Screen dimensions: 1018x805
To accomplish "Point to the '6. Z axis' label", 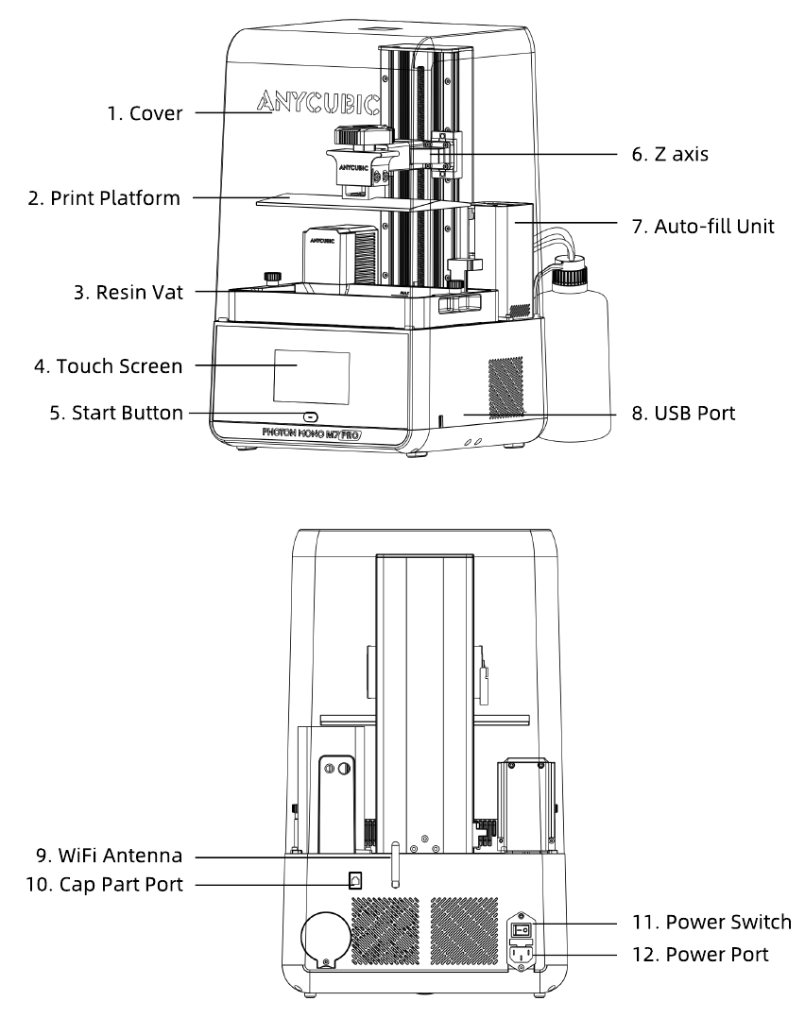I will [670, 154].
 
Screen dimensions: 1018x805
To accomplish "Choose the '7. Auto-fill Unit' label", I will [702, 226].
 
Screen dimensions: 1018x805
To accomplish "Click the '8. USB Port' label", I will [682, 413].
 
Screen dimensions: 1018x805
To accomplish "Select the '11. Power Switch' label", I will [711, 922].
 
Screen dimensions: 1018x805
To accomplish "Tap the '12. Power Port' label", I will [700, 955].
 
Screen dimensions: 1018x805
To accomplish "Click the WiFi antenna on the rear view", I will [395, 860].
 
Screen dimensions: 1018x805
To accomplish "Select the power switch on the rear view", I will [522, 928].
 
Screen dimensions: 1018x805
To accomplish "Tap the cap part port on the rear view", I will [355, 879].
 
